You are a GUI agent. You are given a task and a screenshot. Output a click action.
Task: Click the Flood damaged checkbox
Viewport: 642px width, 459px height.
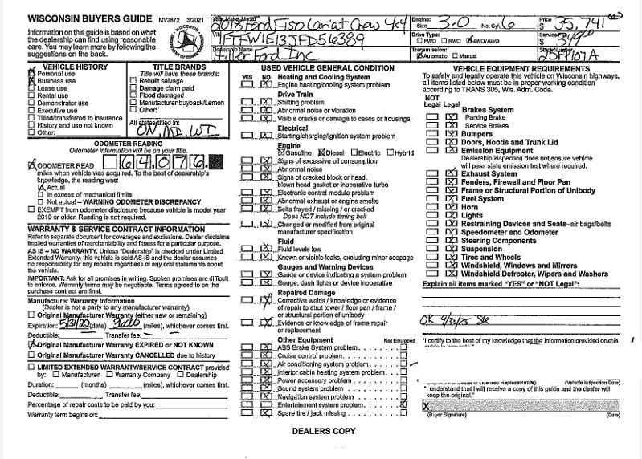click(134, 95)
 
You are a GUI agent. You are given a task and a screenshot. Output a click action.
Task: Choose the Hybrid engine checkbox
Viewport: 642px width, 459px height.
click(390, 152)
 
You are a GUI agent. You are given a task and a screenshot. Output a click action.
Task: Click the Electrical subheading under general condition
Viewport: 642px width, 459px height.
click(292, 128)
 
